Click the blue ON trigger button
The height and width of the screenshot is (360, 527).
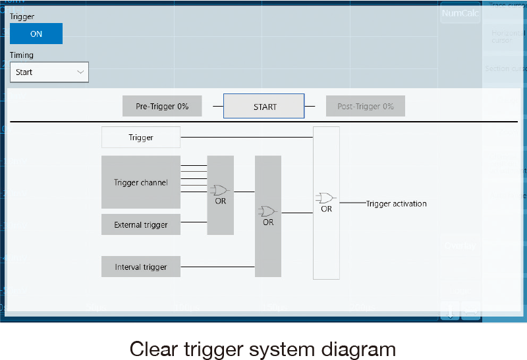tap(36, 34)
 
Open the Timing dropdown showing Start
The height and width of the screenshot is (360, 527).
tap(49, 72)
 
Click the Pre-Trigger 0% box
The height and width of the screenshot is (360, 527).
tap(162, 106)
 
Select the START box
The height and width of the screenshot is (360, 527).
tap(264, 106)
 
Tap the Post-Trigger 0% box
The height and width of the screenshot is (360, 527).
tap(365, 106)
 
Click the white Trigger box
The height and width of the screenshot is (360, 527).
tap(141, 138)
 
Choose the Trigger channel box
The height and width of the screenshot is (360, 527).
tap(141, 182)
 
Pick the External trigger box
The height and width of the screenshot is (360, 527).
tap(141, 224)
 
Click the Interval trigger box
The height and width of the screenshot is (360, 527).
tap(141, 267)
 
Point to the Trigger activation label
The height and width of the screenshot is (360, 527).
tap(397, 203)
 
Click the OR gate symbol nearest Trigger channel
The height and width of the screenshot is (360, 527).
tap(220, 190)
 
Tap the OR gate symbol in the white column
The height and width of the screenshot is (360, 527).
tap(325, 198)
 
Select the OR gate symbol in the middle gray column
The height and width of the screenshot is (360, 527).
tap(267, 211)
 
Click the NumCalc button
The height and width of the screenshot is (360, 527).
tap(460, 13)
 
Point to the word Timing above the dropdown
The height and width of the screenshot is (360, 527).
tap(22, 55)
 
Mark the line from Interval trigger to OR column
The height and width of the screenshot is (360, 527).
tap(217, 267)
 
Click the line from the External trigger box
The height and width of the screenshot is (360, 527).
tap(194, 222)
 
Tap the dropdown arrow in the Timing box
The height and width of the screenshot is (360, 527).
tap(80, 72)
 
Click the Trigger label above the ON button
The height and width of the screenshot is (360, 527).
tap(22, 16)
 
